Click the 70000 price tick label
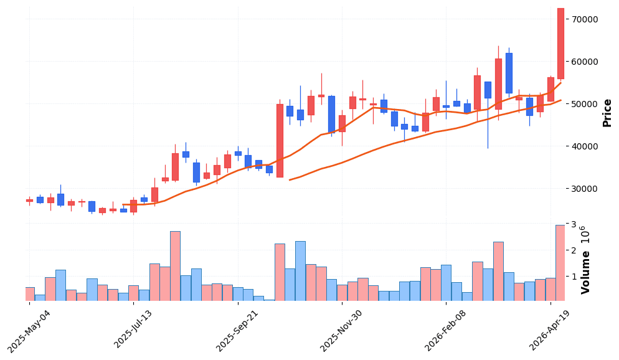[585, 19]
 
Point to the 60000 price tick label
[585, 62]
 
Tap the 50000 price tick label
[585, 104]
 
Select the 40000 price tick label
[585, 146]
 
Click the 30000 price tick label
[585, 189]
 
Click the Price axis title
[607, 113]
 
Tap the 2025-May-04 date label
[30, 330]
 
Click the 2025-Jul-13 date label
[135, 330]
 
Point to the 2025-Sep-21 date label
[238, 330]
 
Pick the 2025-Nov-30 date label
[342, 330]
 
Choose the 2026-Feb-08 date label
[446, 330]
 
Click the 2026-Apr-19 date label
[550, 330]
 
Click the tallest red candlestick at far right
[560, 44]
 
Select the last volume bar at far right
[560, 263]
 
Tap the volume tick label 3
[570, 224]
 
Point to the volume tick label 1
[570, 276]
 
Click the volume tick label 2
[570, 250]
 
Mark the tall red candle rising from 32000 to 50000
[280, 141]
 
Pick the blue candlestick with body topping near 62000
[509, 73]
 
